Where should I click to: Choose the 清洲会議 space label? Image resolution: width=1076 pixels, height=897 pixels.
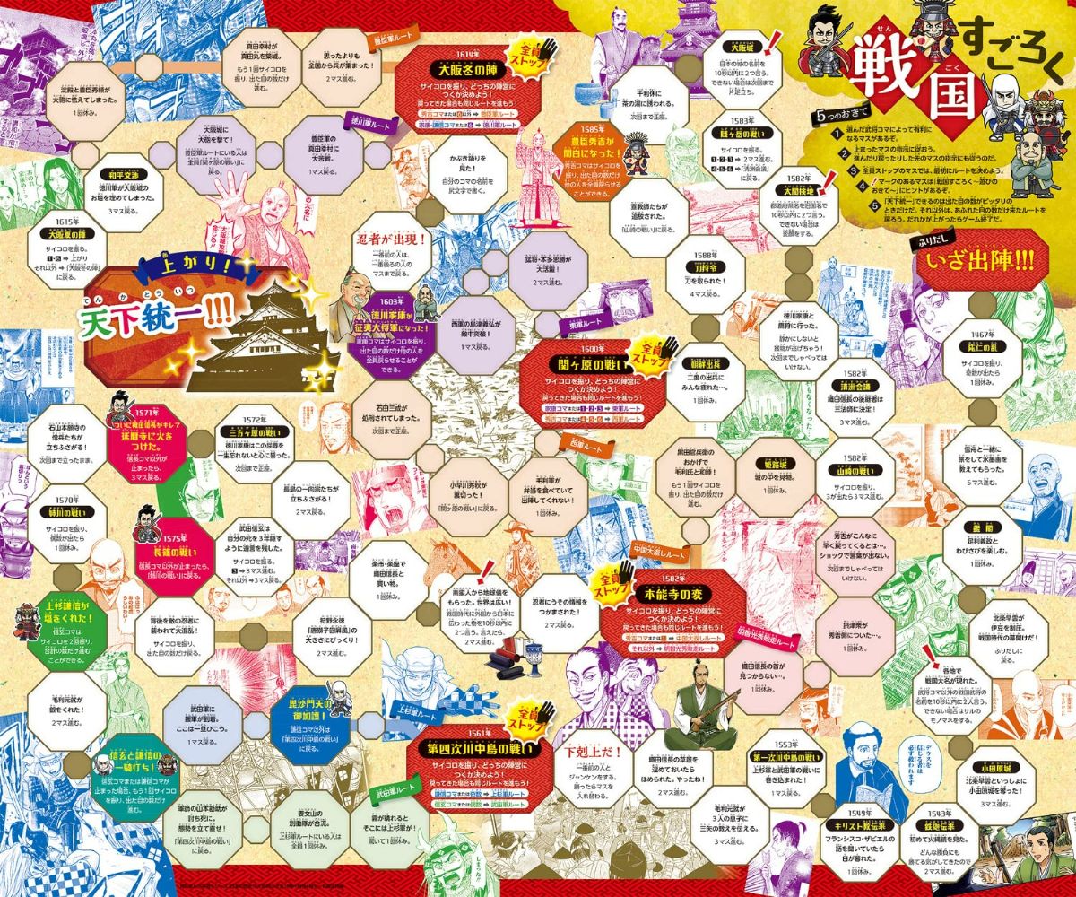click(853, 386)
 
